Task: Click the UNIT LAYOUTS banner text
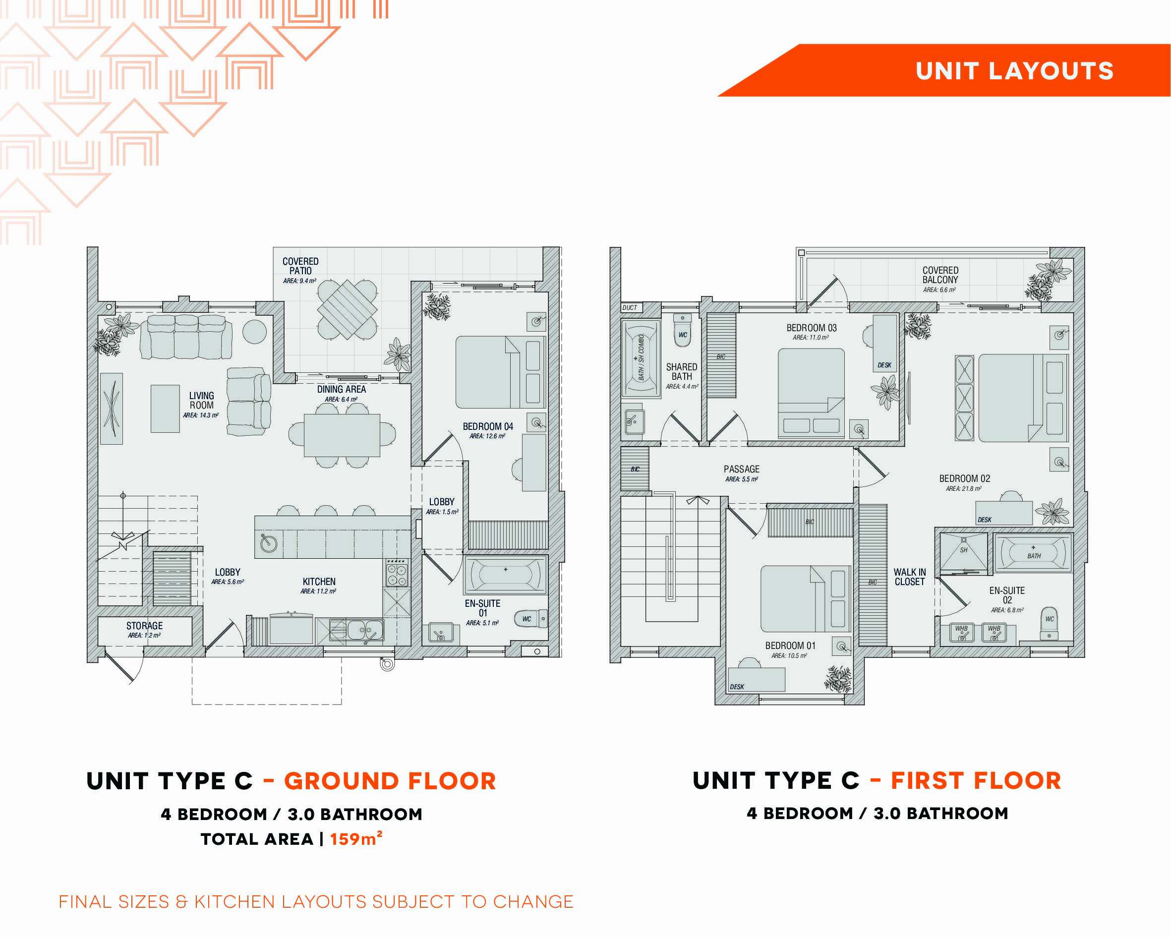[x=1014, y=71]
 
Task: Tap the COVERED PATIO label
[x=300, y=266]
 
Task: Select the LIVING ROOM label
[x=201, y=400]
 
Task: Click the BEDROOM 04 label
[x=488, y=426]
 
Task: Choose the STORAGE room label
[x=144, y=626]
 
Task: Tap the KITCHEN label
[x=319, y=581]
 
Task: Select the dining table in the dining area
[x=342, y=435]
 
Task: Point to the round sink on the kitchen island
[x=268, y=543]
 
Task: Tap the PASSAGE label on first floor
[x=741, y=469]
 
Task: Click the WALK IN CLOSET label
[x=909, y=577]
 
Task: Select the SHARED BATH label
[x=682, y=371]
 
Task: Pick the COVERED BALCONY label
[x=940, y=275]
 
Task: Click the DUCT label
[x=630, y=307]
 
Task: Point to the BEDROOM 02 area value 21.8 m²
[x=964, y=489]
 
